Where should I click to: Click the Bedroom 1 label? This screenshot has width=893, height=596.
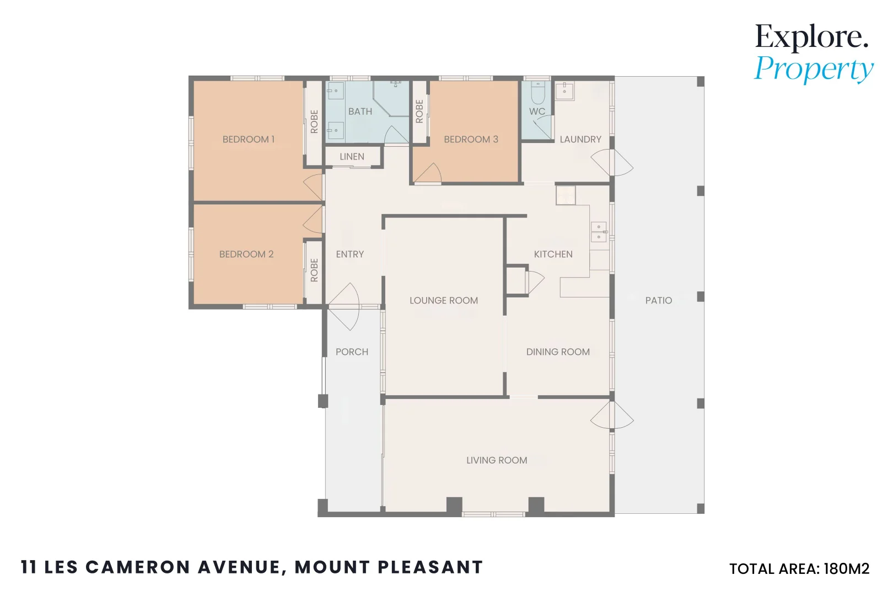[x=249, y=139]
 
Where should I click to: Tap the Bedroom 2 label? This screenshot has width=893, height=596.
[x=246, y=254]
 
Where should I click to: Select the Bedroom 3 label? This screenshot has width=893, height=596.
[x=471, y=139]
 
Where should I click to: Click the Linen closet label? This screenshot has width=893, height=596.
[x=352, y=157]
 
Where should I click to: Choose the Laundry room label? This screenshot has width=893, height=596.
[x=580, y=139]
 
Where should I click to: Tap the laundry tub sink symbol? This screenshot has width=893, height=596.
[x=564, y=91]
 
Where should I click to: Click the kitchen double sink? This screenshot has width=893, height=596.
[x=599, y=232]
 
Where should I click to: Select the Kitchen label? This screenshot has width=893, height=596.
[x=553, y=254]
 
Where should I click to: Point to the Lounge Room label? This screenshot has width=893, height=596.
[x=444, y=301]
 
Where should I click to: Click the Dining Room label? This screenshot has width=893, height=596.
[x=558, y=352]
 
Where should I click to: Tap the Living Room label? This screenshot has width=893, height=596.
[x=497, y=460]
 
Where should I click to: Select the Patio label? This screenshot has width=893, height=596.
[x=659, y=301]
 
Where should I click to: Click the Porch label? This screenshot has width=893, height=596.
[x=352, y=352]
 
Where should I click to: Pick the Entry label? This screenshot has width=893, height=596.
[x=350, y=254]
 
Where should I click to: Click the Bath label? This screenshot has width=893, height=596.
[x=361, y=112]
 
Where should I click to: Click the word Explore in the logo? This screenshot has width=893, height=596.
[x=811, y=38]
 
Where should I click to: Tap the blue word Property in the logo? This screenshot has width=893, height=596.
[x=814, y=70]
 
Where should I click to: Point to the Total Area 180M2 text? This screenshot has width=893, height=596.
[x=799, y=569]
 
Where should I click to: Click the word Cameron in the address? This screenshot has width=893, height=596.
[x=138, y=567]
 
